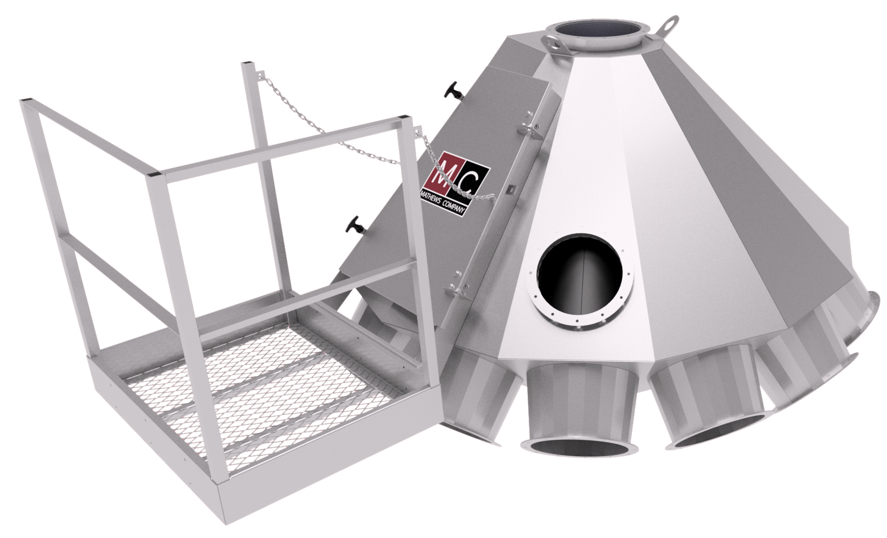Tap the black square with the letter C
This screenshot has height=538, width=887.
pos(471,183)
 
